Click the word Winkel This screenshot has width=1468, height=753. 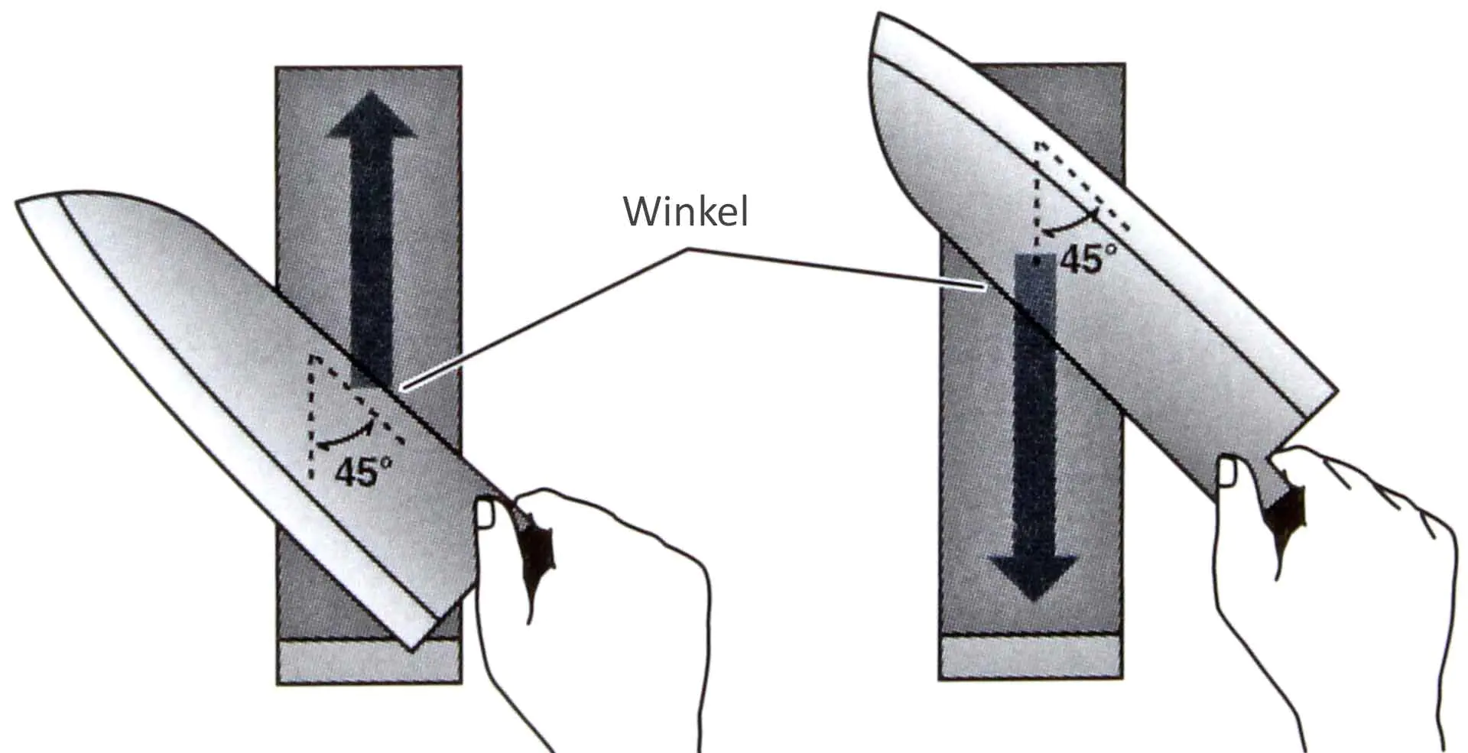(x=686, y=212)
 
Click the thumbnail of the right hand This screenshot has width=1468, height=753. (x=1228, y=472)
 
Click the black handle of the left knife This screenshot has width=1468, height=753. (x=539, y=550)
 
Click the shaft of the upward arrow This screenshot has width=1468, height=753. (x=371, y=252)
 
